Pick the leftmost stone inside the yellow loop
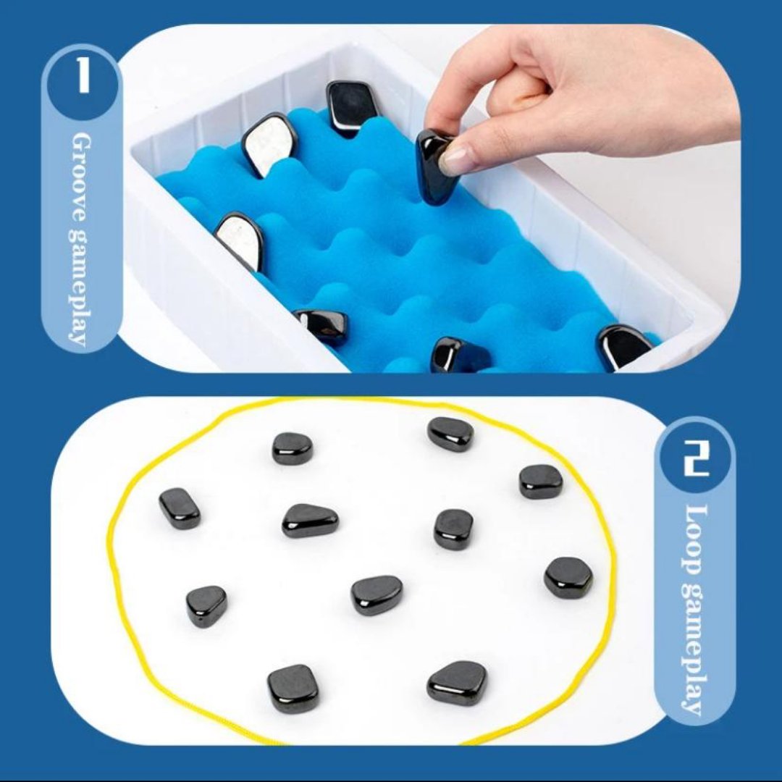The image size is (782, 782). click(180, 508)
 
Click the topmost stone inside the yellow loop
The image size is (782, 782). click(450, 433)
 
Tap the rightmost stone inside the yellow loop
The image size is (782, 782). click(568, 577)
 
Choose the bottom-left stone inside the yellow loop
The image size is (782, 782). click(293, 688)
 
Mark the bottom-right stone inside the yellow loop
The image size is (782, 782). click(457, 682)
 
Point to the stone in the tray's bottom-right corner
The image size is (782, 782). click(623, 346)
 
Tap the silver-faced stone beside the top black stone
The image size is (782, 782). click(269, 144)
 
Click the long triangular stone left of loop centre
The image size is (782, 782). click(310, 520)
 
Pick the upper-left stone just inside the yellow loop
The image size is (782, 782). click(293, 448)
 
